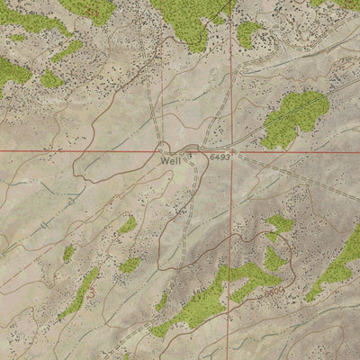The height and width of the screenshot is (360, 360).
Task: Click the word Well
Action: pos(170,161)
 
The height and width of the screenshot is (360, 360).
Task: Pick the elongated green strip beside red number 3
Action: pos(81,292)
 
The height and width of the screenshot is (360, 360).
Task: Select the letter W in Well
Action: pos(164,161)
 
